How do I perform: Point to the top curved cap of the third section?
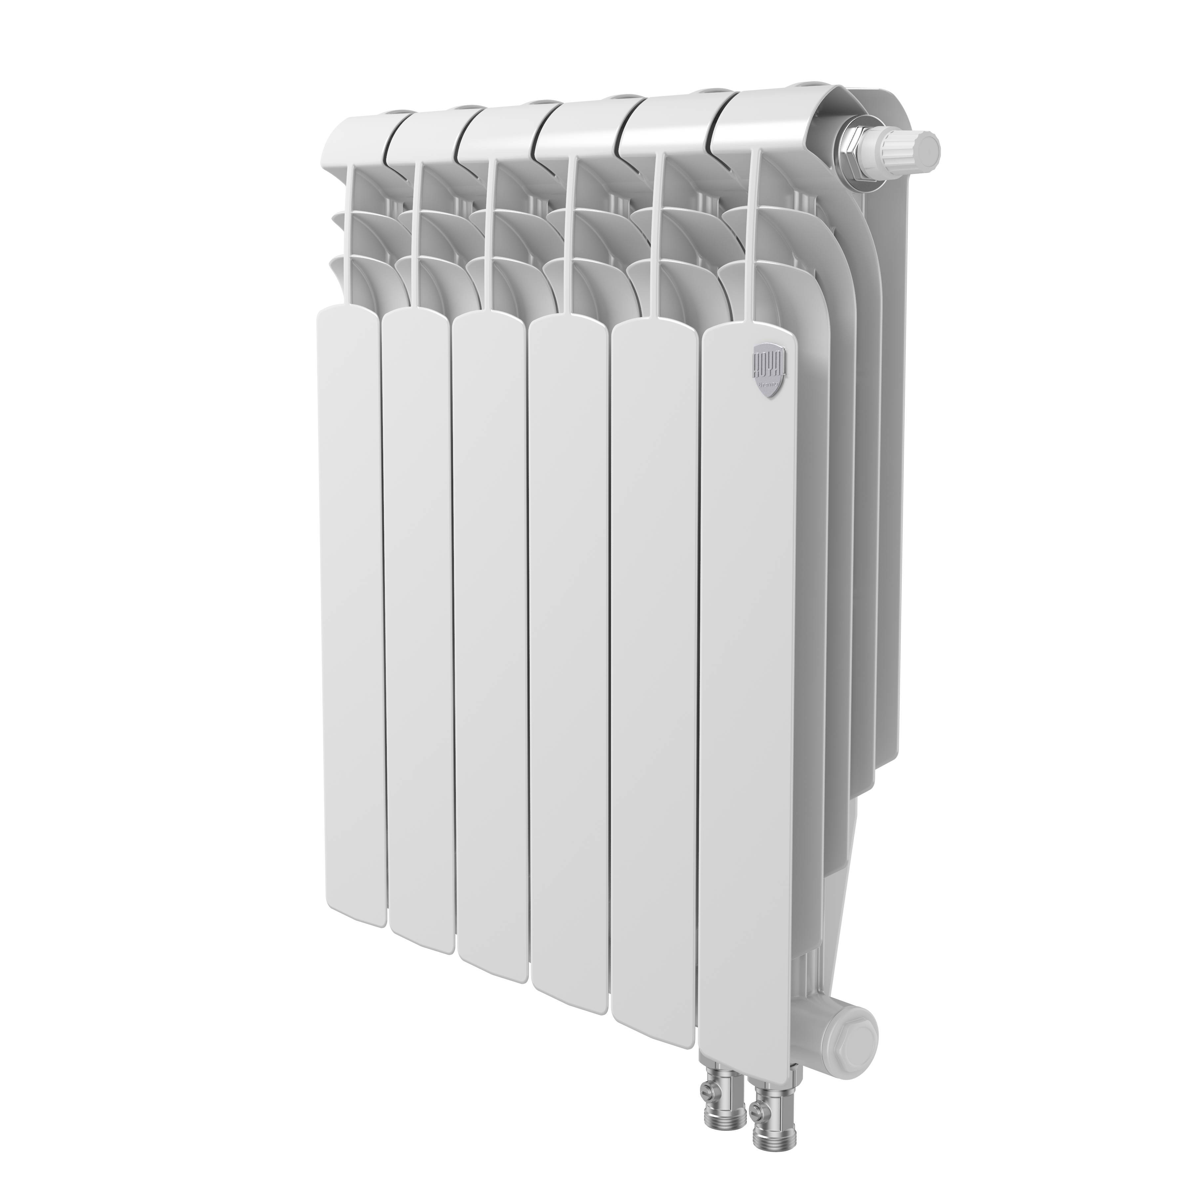[498, 131]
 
